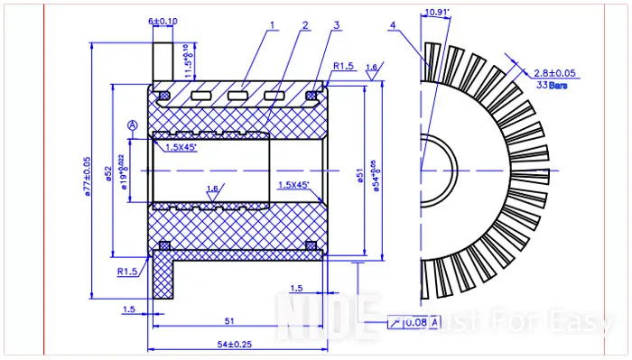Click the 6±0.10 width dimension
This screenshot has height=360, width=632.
(x=163, y=20)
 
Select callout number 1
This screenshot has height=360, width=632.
(x=271, y=25)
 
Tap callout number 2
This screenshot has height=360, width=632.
(x=305, y=25)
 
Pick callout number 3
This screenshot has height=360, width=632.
(x=336, y=25)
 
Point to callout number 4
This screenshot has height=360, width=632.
(x=392, y=25)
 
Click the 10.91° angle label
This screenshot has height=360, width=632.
(x=436, y=12)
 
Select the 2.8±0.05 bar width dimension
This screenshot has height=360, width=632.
(x=554, y=73)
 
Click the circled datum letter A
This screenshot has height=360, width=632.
(x=133, y=124)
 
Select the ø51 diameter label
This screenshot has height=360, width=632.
(x=360, y=177)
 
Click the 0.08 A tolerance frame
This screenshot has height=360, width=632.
(x=414, y=322)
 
